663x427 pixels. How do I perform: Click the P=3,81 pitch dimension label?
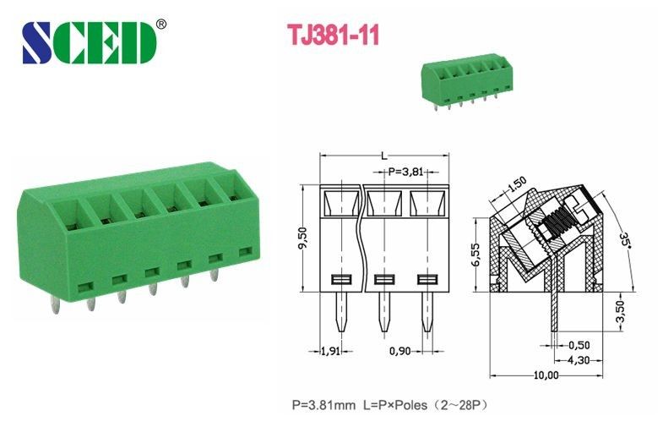click(407, 172)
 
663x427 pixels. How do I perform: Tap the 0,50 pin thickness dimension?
click(577, 345)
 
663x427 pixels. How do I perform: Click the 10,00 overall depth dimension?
click(546, 375)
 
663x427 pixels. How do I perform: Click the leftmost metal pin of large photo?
click(87, 303)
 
